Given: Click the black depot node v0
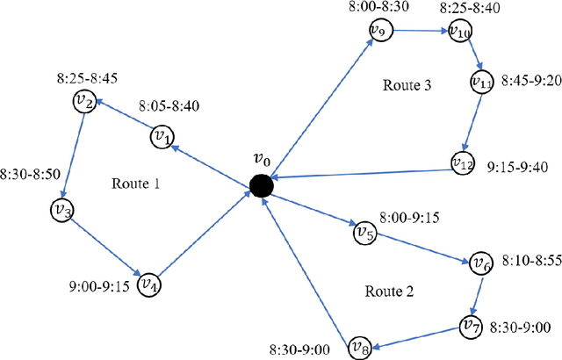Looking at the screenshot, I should [262, 185].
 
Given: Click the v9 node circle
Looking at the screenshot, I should [378, 30].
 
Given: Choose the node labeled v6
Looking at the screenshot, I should [480, 263].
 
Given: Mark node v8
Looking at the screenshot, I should [360, 347].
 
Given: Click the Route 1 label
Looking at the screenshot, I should [137, 184].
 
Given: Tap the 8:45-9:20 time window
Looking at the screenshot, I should [532, 80].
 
